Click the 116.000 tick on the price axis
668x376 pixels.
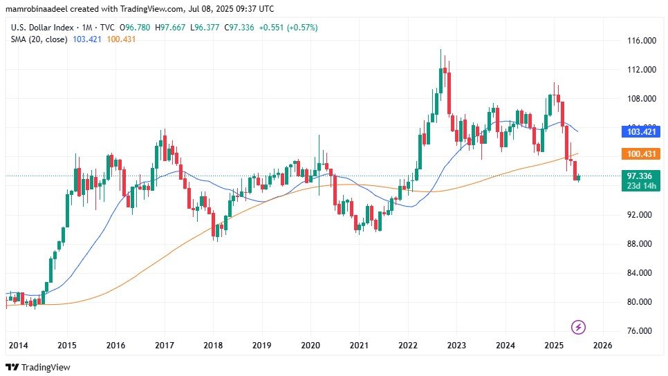(640, 41)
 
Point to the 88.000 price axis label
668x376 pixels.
(640, 244)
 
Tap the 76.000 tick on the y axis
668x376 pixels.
(640, 331)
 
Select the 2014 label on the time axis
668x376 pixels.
(18, 345)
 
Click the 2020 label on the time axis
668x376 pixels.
(310, 345)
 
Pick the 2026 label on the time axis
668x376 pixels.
(602, 345)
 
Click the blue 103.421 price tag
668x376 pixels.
(640, 131)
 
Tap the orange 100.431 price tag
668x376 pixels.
(640, 153)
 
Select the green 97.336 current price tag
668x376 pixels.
(640, 176)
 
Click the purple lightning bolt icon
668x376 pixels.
(579, 327)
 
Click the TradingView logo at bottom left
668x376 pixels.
(38, 367)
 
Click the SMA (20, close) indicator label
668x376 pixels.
(39, 39)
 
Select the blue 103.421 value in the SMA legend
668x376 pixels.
(87, 39)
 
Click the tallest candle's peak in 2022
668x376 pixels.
(440, 50)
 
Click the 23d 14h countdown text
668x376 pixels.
(640, 185)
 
